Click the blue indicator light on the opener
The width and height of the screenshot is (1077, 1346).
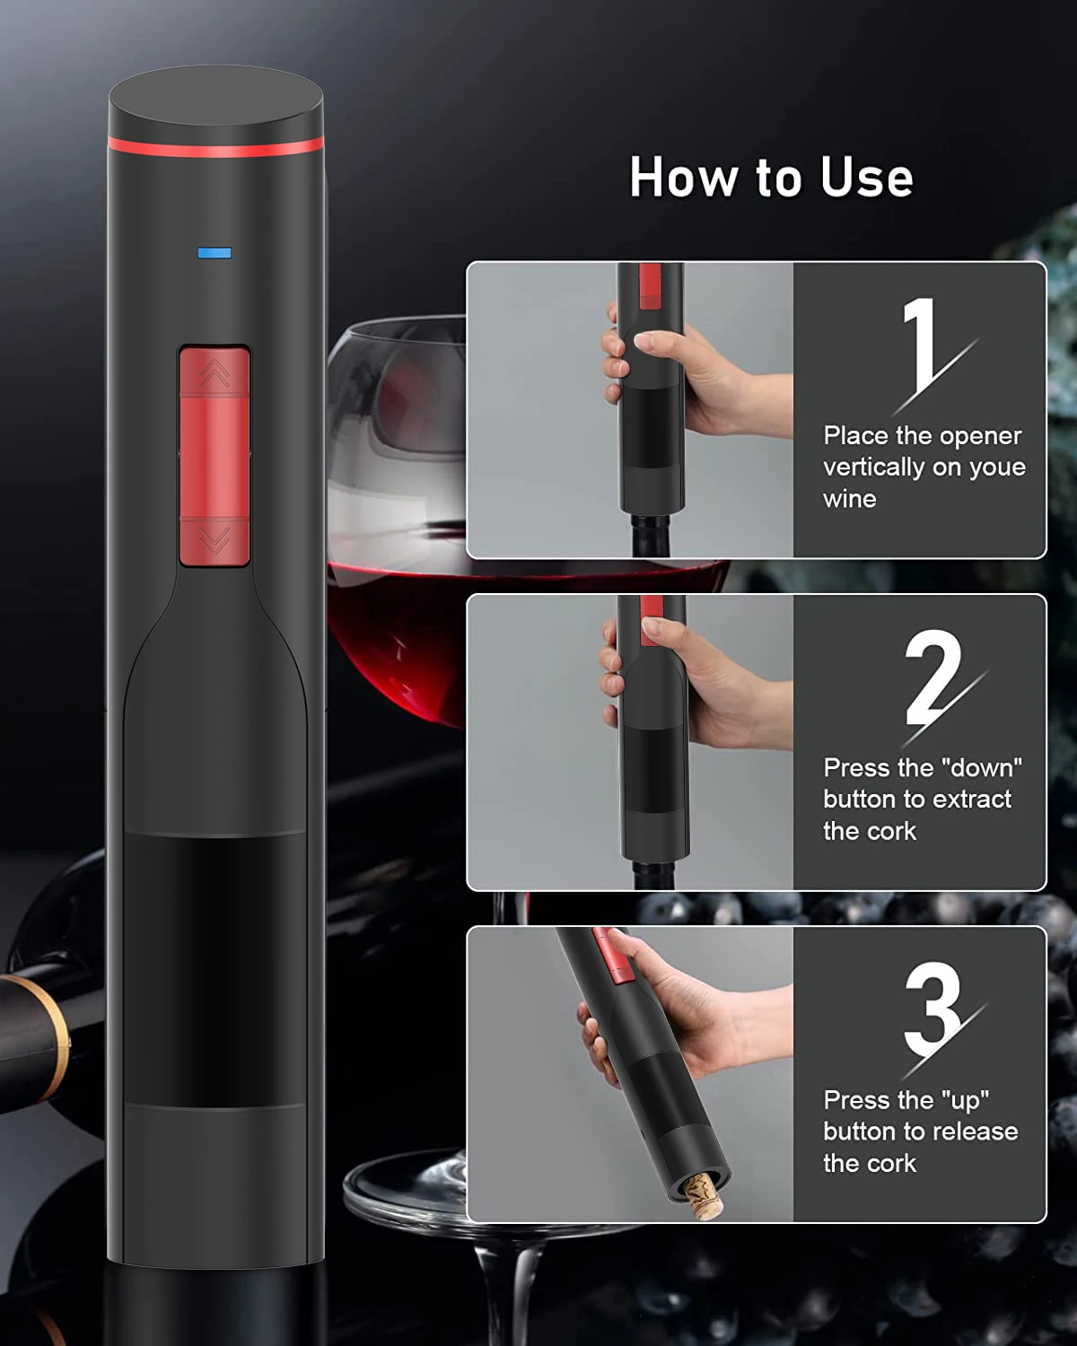pyautogui.click(x=215, y=253)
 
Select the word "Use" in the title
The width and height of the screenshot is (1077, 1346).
pyautogui.click(x=866, y=177)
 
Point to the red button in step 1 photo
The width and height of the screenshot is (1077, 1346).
pyautogui.click(x=649, y=285)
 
